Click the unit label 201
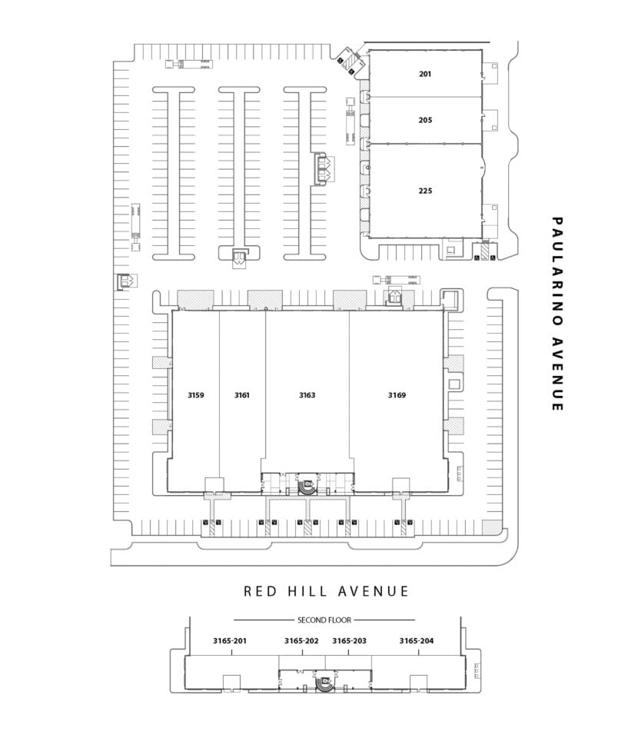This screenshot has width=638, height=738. coord(425,74)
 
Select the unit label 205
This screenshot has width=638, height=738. coord(425,120)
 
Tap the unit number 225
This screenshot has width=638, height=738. coord(425,191)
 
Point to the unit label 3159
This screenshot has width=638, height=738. coord(196,395)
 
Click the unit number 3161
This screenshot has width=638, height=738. coord(242,395)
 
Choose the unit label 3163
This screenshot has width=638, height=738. coord(307,395)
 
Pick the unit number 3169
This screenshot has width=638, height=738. coord(397,395)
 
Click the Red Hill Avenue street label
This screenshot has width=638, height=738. coord(326,591)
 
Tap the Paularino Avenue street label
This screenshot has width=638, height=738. coord(557,314)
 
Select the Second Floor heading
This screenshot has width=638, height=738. coord(324,620)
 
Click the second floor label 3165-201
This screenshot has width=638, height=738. coord(230,640)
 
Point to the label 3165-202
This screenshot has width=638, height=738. coord(301,640)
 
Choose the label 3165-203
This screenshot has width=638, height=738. coord(349,640)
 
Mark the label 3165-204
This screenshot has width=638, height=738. coord(417,640)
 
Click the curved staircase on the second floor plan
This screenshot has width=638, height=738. coord(324,683)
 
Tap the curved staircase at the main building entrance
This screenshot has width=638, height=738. coord(307,486)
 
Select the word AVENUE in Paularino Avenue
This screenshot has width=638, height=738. coord(557,374)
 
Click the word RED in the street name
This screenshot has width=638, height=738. coord(260,591)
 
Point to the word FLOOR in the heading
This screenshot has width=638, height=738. coord(340,620)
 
